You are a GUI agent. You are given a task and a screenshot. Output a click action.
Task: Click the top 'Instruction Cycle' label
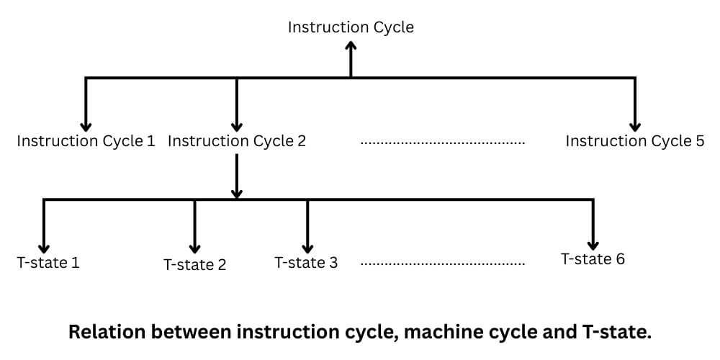point(351,27)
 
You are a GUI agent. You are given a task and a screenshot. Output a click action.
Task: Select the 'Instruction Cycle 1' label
point(86,141)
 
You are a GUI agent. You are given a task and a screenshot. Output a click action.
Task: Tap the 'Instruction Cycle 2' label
point(237,141)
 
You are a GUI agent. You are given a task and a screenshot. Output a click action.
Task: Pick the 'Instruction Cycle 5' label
point(634,141)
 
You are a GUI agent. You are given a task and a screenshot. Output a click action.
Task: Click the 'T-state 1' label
point(48,262)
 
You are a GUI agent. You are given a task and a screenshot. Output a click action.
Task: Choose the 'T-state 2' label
point(195,265)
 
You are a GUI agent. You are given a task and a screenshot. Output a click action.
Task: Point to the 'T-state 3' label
point(306,262)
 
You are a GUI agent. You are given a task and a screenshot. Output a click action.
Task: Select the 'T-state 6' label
point(593,258)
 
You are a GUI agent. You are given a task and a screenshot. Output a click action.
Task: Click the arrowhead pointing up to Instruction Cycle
point(351,45)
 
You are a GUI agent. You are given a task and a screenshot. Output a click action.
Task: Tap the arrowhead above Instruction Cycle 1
point(86,124)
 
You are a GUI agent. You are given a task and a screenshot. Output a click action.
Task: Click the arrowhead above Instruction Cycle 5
point(634,124)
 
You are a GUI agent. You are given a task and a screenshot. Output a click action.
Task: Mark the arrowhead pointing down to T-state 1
point(45,246)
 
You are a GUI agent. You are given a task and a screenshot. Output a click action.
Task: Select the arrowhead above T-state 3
point(307,246)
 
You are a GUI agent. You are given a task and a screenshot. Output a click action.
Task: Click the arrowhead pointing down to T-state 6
point(593,243)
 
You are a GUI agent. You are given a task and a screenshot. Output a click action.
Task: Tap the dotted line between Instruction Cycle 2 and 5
point(442,143)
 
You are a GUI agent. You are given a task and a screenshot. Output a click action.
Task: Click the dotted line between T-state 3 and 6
point(442,264)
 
